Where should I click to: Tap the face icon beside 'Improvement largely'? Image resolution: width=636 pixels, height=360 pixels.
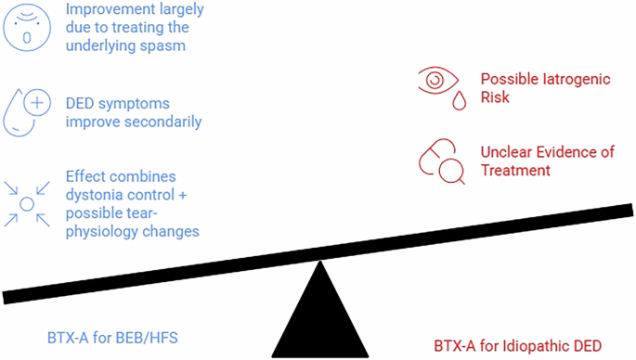26,26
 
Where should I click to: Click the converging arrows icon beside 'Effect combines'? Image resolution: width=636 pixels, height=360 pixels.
27,202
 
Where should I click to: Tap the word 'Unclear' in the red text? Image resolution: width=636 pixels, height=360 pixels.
507,153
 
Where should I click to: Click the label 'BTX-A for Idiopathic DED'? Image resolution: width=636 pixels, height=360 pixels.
525,346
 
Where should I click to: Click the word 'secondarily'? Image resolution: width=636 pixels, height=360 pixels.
162,122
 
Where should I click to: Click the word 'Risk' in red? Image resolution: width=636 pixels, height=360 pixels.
495,96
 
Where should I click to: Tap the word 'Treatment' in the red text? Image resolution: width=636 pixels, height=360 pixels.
515,171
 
